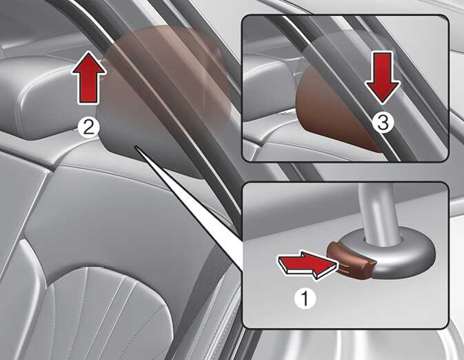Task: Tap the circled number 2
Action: [88, 128]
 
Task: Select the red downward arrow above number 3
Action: [383, 78]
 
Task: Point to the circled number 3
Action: [383, 123]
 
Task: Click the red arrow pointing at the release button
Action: [307, 264]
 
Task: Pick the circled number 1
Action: [305, 299]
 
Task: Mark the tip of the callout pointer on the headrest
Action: [136, 146]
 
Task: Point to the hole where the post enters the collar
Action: [382, 241]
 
